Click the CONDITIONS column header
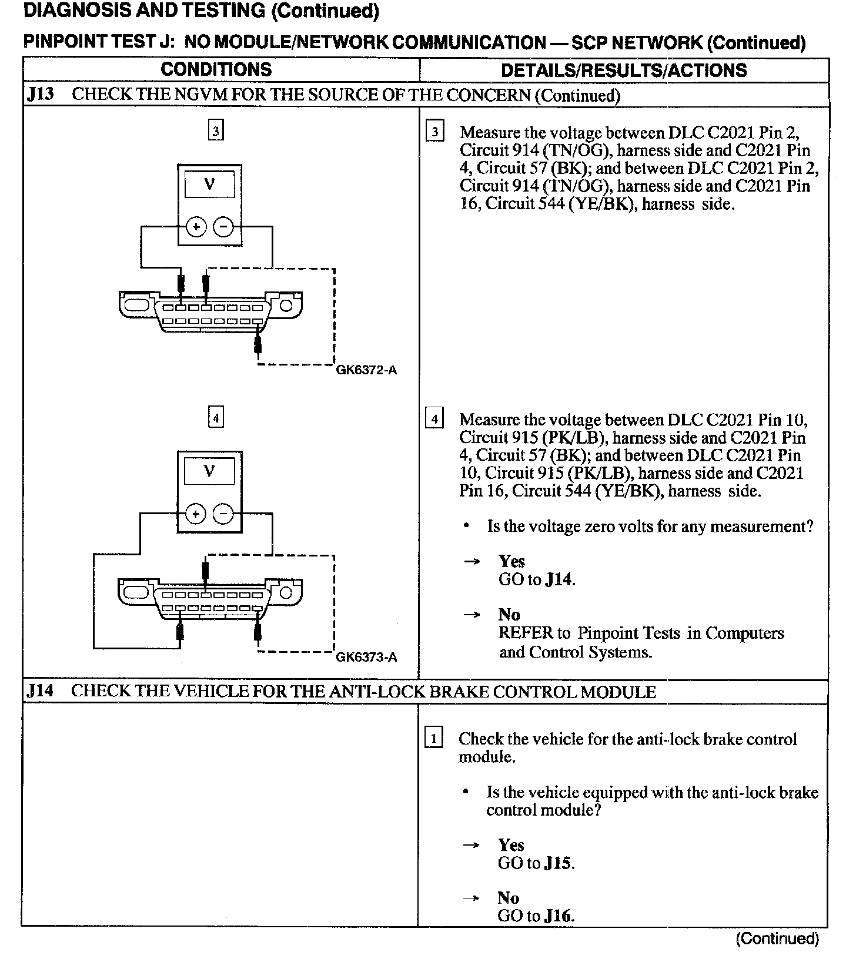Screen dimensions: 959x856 pos(216,69)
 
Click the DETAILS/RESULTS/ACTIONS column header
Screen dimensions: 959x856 pos(623,70)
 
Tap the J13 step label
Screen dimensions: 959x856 pos(40,95)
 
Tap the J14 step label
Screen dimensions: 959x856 pos(40,691)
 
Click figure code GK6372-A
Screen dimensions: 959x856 pos(366,370)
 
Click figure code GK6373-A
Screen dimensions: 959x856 pos(366,657)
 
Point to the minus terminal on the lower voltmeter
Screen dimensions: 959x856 pos(223,515)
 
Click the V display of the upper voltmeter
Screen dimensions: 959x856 pos(209,185)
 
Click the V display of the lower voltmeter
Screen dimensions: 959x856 pos(209,471)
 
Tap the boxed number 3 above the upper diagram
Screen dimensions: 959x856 pos(216,131)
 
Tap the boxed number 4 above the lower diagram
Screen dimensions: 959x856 pos(216,418)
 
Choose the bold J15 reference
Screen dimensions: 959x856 pos(559,863)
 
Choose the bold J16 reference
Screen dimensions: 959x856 pos(559,916)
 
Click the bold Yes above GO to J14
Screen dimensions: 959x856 pos(511,562)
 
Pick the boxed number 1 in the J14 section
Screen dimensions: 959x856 pos(433,738)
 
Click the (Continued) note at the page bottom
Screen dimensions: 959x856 pos(777,938)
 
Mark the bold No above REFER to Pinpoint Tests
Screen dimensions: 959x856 pos(509,615)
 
